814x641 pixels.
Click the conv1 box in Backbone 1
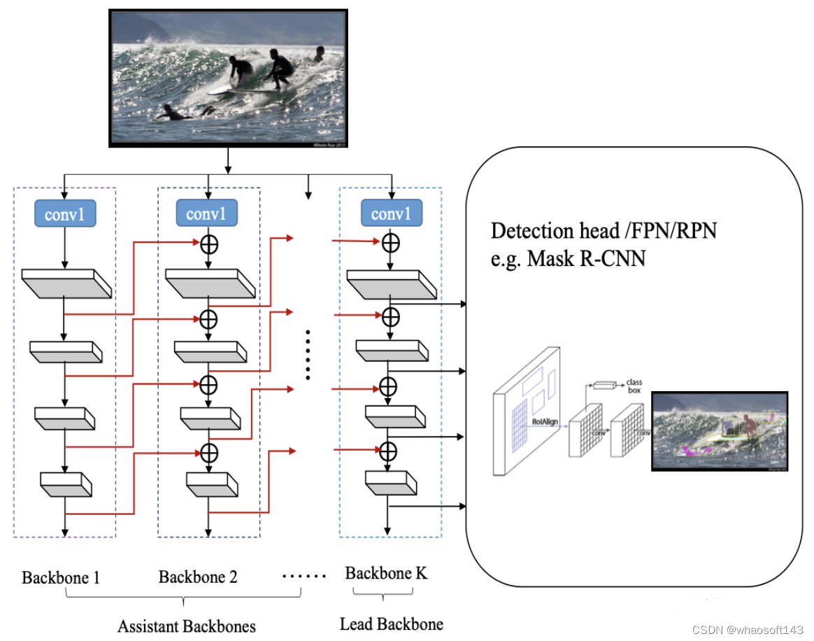point(64,213)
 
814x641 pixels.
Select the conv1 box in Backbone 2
point(206,213)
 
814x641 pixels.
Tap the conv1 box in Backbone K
point(391,213)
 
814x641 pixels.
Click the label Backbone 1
point(61,578)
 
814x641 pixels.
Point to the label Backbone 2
point(198,577)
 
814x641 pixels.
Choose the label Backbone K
point(386,574)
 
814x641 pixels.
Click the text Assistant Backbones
point(186,626)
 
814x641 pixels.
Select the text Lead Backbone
point(391,624)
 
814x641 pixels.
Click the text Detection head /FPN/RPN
point(604,231)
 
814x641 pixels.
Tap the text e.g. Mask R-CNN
point(568,258)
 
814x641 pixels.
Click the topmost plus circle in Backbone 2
point(208,244)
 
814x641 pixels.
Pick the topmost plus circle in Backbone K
point(391,243)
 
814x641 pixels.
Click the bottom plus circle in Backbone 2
point(208,453)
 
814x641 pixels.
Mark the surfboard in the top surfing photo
point(241,90)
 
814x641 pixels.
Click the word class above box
point(634,382)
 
